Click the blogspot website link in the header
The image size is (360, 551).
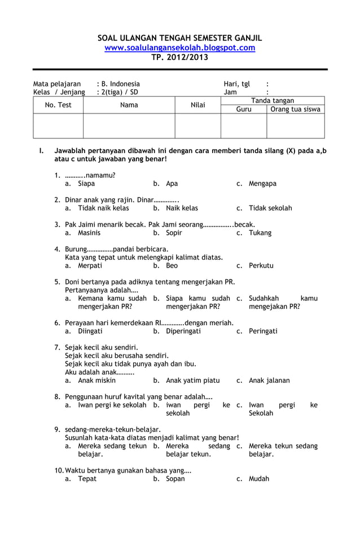pos(179,48)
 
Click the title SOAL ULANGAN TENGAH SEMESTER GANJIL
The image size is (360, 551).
pos(179,38)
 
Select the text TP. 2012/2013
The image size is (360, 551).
pos(179,58)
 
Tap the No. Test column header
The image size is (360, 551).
pos(58,105)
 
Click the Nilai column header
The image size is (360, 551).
pos(197,105)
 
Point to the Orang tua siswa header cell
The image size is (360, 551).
pos(295,110)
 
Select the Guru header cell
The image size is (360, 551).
pos(244,110)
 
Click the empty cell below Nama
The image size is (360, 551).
pos(129,126)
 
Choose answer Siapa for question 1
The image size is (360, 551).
pos(86,183)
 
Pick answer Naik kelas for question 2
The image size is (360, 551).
pos(182,208)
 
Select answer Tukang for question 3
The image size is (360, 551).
pos(260,233)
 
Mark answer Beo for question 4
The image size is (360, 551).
pos(172,265)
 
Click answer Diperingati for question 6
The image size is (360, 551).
pos(183,331)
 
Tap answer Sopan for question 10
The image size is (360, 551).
pos(175,479)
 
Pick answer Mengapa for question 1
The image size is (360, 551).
pos(262,183)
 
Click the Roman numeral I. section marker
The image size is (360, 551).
pos(41,151)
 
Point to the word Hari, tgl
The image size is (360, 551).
pos(236,84)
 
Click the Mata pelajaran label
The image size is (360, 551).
pos(56,84)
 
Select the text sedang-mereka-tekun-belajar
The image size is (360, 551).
pos(113,429)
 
